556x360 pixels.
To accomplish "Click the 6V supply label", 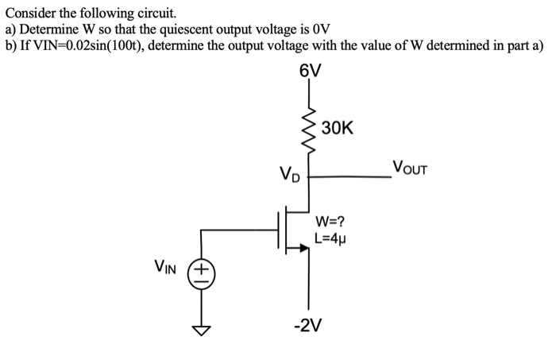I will (311, 71).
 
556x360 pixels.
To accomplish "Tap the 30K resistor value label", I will (338, 128).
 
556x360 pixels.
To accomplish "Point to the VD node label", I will (289, 174).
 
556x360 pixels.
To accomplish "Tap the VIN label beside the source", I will (168, 269).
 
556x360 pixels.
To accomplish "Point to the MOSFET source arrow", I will (303, 249).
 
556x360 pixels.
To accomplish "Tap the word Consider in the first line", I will (29, 14).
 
